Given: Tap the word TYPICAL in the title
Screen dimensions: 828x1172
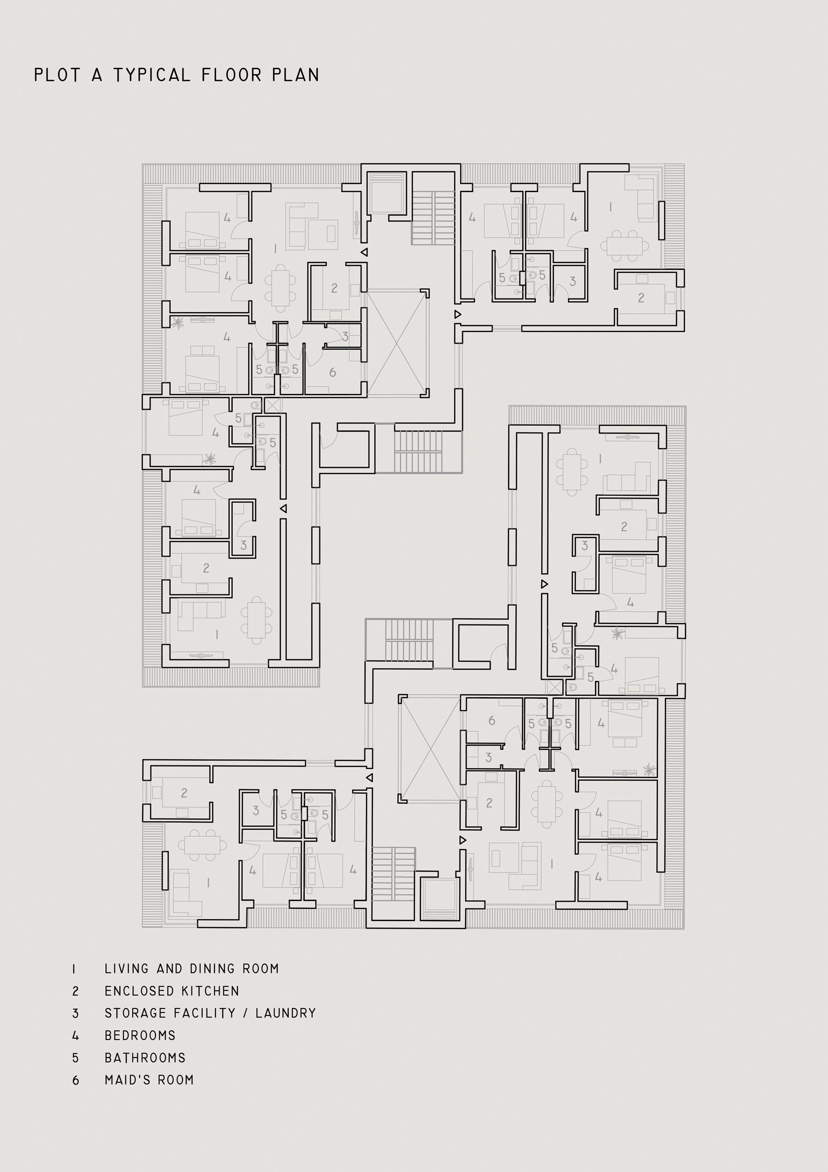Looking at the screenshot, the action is coord(151,75).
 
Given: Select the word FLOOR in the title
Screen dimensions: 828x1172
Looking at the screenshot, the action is coord(231,75).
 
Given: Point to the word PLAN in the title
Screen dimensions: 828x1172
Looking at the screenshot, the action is coord(296,75).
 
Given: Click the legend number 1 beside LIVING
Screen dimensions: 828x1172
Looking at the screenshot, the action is coord(75,969).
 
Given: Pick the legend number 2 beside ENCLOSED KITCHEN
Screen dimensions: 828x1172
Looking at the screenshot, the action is coord(75,991).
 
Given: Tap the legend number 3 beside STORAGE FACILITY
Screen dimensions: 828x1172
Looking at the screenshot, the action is coord(75,1013).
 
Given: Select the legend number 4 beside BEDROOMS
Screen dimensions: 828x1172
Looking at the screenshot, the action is coord(75,1036).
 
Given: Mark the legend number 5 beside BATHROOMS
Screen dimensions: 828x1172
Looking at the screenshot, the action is coord(75,1058).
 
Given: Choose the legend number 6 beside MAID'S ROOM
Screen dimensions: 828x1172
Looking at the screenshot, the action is coord(75,1080).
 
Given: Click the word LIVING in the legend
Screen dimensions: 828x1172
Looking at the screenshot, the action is coord(127,969).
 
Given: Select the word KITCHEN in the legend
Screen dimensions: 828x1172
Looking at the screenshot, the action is coord(211,991).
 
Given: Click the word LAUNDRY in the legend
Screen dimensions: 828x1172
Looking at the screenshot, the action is coord(286,1013).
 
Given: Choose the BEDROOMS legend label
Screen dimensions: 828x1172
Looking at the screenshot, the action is coord(140,1036).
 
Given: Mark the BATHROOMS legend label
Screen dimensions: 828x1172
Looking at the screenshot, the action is coord(145,1058).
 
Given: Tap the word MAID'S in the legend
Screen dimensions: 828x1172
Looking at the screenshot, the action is coord(128,1080).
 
